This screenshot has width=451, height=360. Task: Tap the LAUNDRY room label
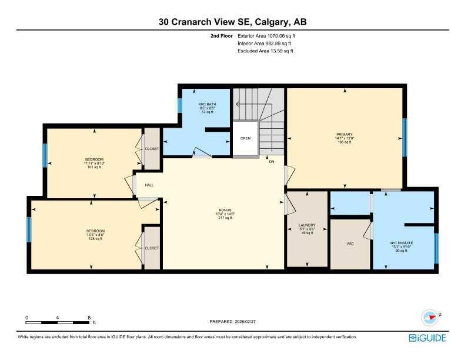point(307,225)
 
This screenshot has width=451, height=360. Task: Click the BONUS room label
point(225,210)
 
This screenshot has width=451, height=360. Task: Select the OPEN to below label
point(245,139)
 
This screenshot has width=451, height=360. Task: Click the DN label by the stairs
point(271,161)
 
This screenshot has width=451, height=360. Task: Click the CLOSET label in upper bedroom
point(152,149)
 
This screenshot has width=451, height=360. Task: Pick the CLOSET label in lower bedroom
point(152,248)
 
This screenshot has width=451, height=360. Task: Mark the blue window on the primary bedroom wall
point(404,138)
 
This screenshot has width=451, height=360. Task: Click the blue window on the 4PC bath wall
point(180,105)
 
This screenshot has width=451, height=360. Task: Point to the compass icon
point(430,318)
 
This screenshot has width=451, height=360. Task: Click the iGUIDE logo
point(427,338)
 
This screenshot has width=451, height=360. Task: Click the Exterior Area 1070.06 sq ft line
point(265,35)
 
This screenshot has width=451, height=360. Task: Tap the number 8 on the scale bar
point(89,317)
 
